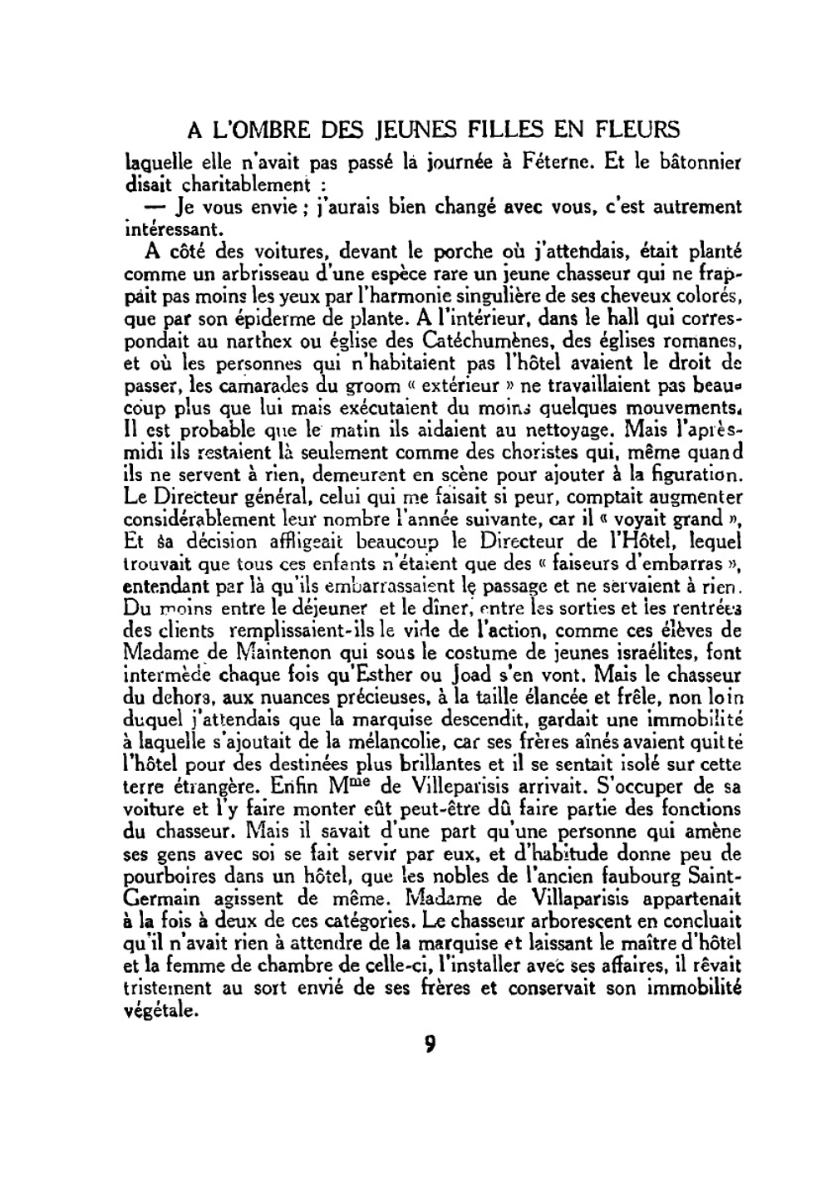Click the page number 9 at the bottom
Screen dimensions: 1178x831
[x=430, y=1043]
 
